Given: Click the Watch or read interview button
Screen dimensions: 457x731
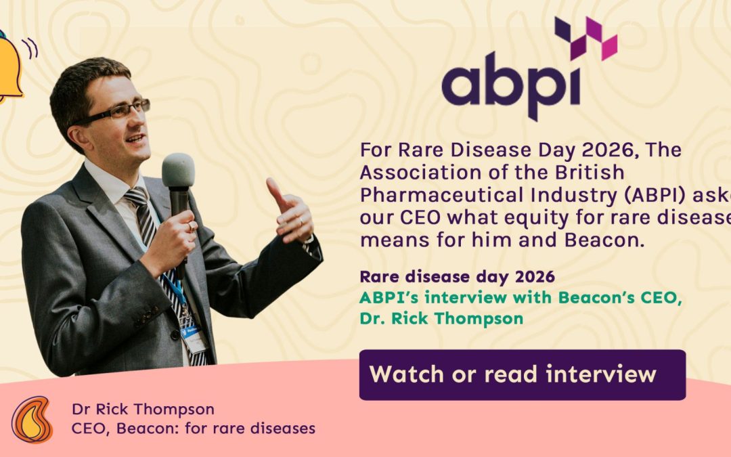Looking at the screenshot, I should (x=522, y=374).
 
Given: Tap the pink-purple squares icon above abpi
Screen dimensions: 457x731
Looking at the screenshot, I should (x=586, y=37).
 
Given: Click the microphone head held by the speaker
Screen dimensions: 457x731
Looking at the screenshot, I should (x=178, y=171).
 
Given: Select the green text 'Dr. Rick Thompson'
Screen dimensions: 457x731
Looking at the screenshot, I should (x=441, y=318).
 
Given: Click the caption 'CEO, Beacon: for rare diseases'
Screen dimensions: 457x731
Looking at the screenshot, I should (x=193, y=428).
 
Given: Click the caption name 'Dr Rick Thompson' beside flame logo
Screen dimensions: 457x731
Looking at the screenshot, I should (x=143, y=409).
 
